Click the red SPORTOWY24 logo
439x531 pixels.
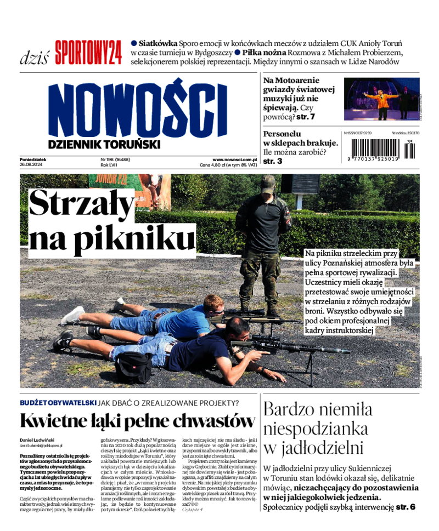click(88, 53)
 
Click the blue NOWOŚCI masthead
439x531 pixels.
click(137, 111)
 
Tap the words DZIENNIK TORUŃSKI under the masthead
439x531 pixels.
click(104, 145)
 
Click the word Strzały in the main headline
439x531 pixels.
click(81, 204)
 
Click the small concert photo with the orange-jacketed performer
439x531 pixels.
click(381, 99)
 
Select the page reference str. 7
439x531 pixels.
click(305, 117)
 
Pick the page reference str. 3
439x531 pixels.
click(273, 161)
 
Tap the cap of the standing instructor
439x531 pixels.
click(268, 180)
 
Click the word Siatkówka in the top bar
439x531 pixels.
click(158, 43)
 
